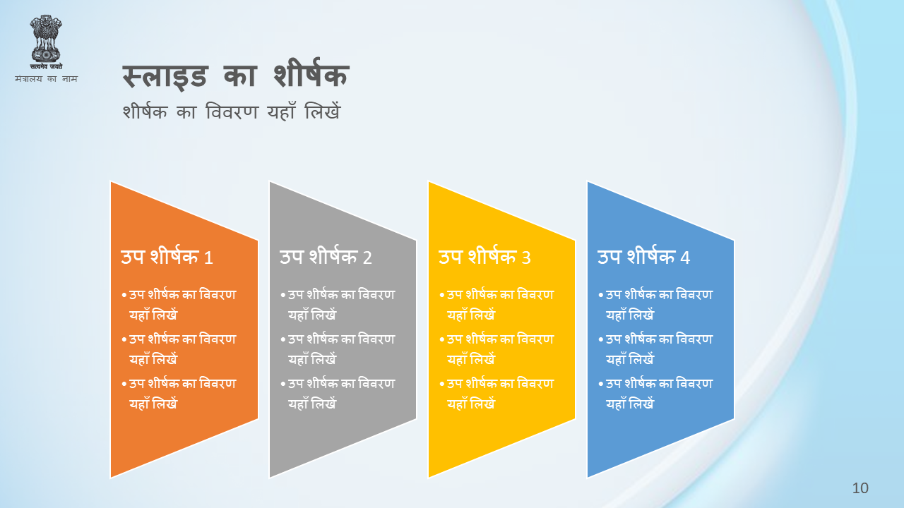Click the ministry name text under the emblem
46,78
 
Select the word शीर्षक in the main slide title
311,75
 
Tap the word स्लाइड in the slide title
165,77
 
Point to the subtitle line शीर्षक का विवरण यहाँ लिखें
232,111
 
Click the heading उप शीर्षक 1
167,256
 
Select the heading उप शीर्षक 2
326,256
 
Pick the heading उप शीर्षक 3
484,256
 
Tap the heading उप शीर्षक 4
643,256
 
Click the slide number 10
860,488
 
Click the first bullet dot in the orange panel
124,296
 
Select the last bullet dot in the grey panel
283,385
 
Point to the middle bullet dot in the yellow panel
442,340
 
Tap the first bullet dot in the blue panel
601,296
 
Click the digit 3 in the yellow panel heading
526,258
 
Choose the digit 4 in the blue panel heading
685,258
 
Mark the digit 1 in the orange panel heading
208,258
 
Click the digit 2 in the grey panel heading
367,258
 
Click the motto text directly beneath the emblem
46,66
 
